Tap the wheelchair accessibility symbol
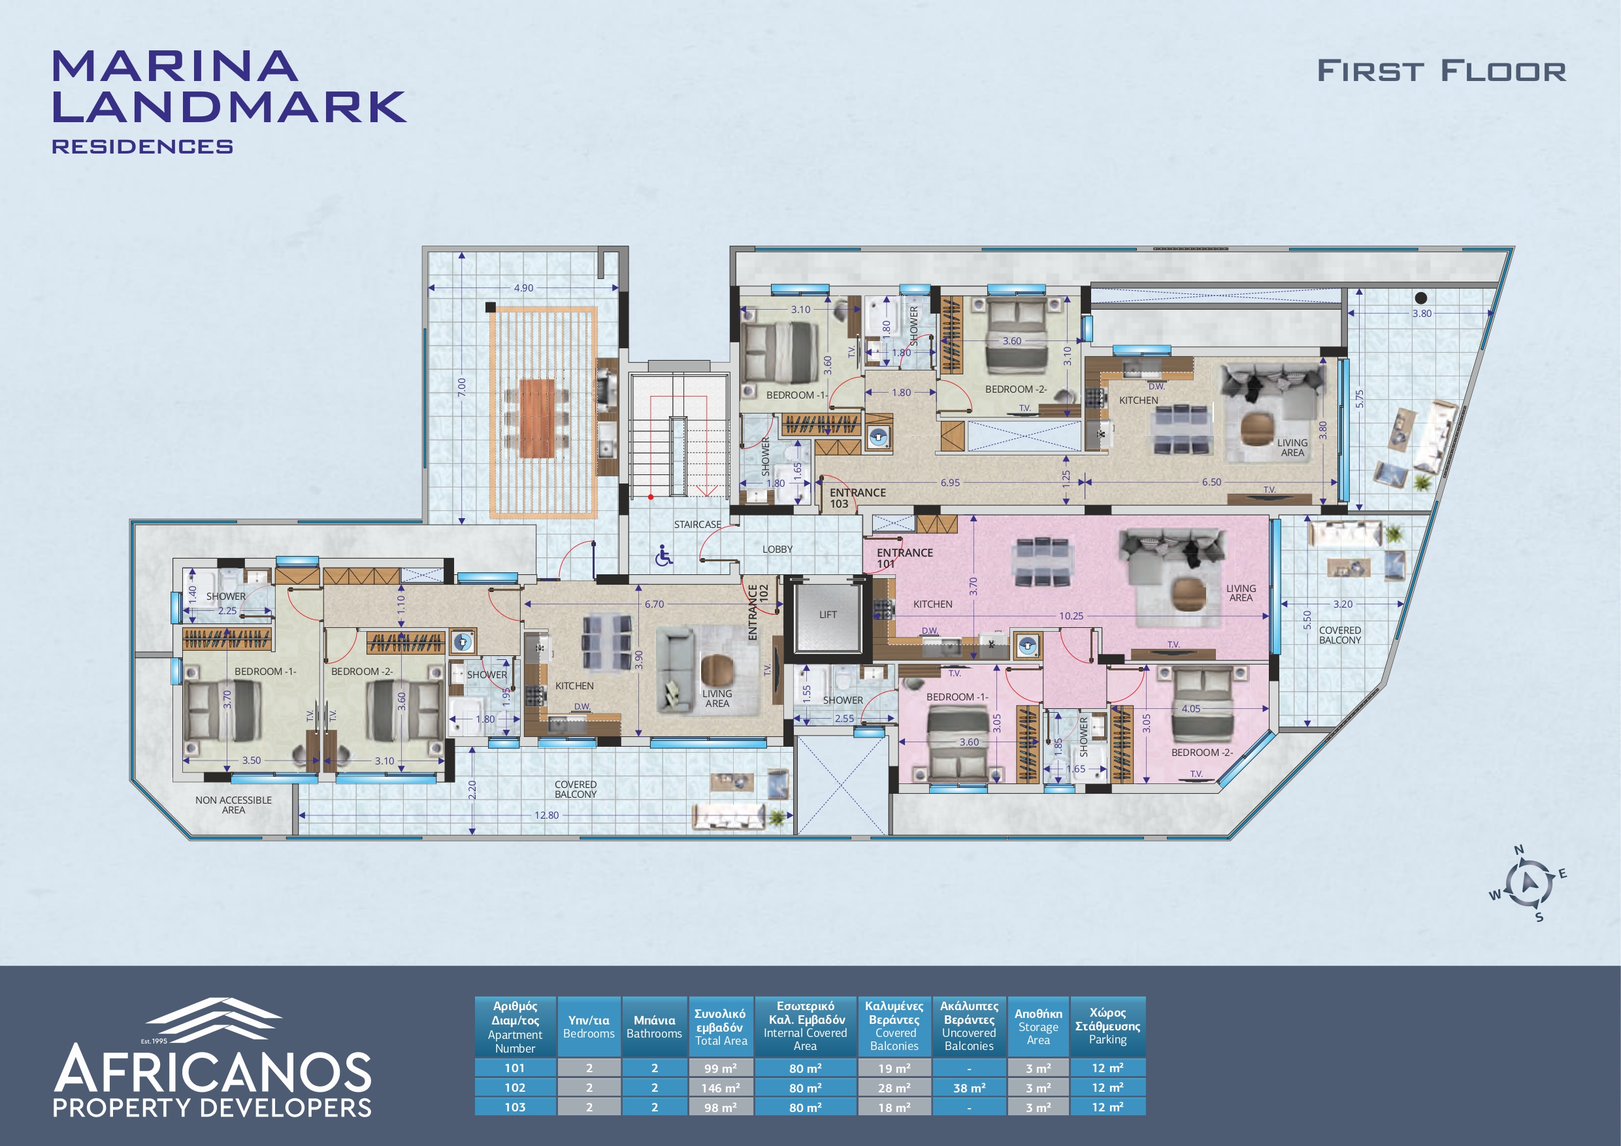(663, 556)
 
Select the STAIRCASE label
(698, 525)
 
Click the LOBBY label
(778, 549)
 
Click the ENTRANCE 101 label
(904, 558)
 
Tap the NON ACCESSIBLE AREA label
(234, 805)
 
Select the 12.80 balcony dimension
(546, 815)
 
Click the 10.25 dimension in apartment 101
(1071, 615)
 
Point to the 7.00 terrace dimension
(462, 386)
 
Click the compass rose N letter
(1518, 849)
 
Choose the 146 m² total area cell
(720, 1088)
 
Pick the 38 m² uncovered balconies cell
(969, 1088)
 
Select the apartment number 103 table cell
(515, 1107)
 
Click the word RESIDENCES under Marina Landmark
(142, 146)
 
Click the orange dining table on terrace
(538, 418)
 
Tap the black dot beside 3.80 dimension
(1421, 298)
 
